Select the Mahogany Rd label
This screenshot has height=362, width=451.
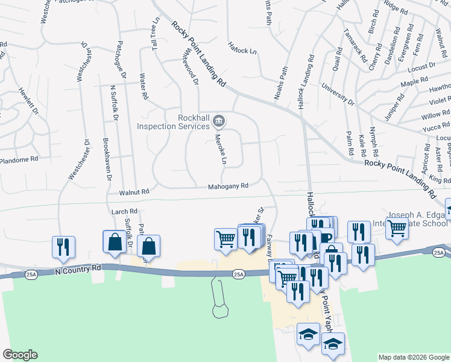coord(229,186)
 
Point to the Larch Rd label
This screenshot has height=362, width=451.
coord(125,212)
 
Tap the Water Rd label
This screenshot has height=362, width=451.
coord(143,86)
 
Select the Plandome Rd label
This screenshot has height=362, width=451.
coord(19,160)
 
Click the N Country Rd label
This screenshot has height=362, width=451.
coord(80,268)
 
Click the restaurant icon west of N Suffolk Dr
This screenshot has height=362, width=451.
coord(63,247)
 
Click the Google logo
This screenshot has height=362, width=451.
coord(20,355)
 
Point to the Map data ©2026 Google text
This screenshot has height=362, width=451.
coord(413,357)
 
